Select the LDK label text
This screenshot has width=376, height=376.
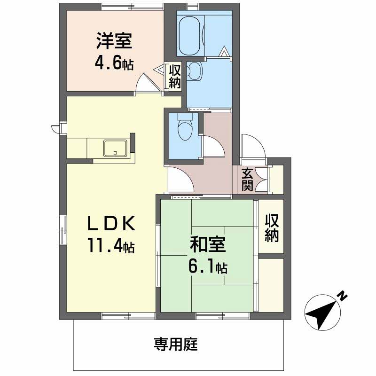(x=111, y=223)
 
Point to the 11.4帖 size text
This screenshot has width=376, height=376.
(x=111, y=245)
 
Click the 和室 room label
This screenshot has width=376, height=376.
(x=208, y=244)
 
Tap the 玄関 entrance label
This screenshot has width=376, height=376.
(x=247, y=180)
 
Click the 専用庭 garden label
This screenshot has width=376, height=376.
(x=176, y=344)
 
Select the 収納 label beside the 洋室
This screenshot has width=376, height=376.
(x=175, y=77)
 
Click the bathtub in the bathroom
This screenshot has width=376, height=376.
(x=189, y=36)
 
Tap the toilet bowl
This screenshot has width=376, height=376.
(x=185, y=130)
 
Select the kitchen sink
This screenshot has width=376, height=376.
(x=115, y=148)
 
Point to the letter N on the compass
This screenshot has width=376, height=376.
(x=343, y=297)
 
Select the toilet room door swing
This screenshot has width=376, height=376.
(x=213, y=147)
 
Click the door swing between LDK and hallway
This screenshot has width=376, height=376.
(x=180, y=180)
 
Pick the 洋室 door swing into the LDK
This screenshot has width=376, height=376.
(x=149, y=82)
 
